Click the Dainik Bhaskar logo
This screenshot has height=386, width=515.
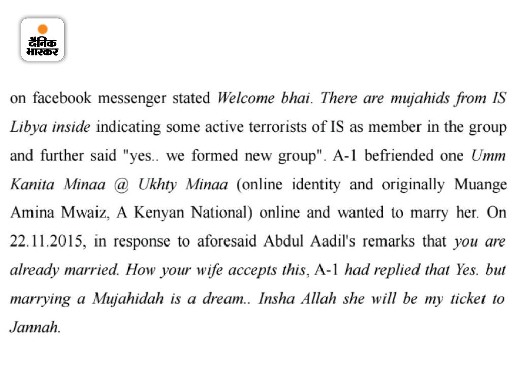pyautogui.click(x=43, y=40)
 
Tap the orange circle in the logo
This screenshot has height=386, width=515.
pyautogui.click(x=43, y=29)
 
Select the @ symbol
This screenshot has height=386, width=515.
pyautogui.click(x=121, y=185)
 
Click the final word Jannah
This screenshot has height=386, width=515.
pyautogui.click(x=35, y=328)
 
